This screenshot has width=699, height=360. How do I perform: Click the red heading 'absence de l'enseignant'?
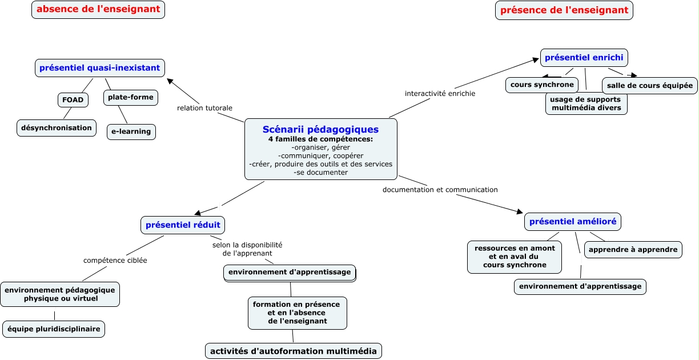[x=98, y=10]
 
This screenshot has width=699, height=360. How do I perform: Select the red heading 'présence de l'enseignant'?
[x=564, y=10]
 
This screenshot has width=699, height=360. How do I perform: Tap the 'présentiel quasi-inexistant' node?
[x=100, y=68]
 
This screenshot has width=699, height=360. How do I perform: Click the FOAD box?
[x=73, y=100]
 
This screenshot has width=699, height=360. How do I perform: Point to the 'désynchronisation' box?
[x=57, y=128]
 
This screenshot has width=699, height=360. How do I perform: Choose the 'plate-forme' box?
[x=131, y=97]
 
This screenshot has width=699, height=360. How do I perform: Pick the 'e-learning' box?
[x=131, y=131]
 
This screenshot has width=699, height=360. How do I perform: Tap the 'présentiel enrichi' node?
[x=584, y=58]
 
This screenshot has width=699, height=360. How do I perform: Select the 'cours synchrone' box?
[x=542, y=85]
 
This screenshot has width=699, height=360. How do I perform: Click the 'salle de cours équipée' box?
[x=650, y=86]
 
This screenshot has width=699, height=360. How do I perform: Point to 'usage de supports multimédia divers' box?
[x=586, y=103]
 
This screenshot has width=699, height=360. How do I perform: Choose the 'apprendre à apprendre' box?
[x=633, y=250]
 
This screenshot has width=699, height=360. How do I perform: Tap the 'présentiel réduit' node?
[x=183, y=225]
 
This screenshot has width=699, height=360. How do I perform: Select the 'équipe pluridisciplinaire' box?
[x=54, y=329]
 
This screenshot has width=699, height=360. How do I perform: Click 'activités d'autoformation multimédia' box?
[x=294, y=351]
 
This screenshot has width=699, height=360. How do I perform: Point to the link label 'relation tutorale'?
[x=204, y=108]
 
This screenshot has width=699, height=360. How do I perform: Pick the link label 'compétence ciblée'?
[x=115, y=261]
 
